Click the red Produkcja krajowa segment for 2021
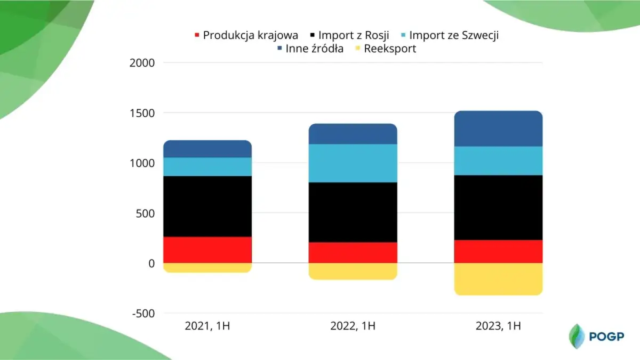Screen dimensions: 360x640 pyautogui.click(x=207, y=250)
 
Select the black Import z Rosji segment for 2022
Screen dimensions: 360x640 pyautogui.click(x=353, y=212)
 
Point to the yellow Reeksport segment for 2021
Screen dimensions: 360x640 pyautogui.click(x=207, y=268)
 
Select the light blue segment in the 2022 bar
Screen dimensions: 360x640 pyautogui.click(x=353, y=163)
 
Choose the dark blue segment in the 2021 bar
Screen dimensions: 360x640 pyautogui.click(x=207, y=149)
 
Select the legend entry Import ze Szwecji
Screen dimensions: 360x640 pyautogui.click(x=453, y=35)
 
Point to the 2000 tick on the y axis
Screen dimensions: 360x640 pyautogui.click(x=142, y=63)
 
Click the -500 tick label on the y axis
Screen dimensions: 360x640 pyautogui.click(x=142, y=314)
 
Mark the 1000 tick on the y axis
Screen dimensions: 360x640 pyautogui.click(x=142, y=163)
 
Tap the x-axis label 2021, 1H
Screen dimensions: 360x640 pyautogui.click(x=207, y=326)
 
